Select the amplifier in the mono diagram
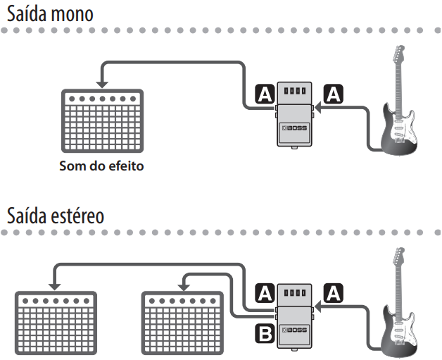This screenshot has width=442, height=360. [x=102, y=124]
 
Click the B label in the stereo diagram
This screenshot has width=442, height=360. [x=264, y=333]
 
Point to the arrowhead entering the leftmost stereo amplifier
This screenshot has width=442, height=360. [x=54, y=284]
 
